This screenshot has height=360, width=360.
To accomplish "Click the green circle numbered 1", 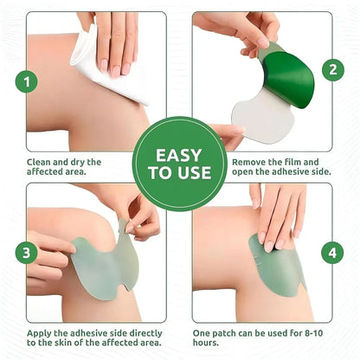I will click(31, 83).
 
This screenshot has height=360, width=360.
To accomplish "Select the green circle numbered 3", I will click(30, 253).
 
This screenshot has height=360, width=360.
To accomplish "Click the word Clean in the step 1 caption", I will click(42, 162).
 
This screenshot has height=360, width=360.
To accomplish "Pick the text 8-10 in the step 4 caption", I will click(322, 332).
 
